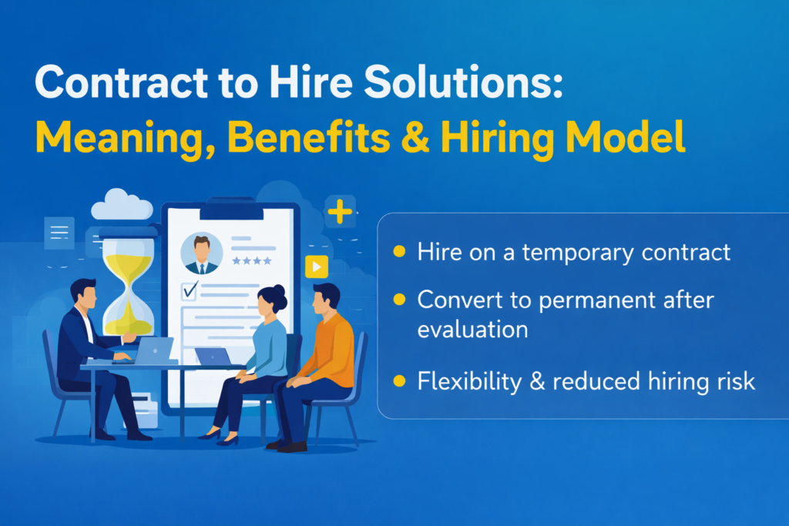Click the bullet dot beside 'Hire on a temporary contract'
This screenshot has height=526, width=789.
[x=399, y=252]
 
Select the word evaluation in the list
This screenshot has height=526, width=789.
[x=472, y=330]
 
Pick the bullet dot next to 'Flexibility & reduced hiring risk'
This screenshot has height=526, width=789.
[x=399, y=380]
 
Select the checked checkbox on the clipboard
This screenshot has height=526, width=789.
[x=189, y=290]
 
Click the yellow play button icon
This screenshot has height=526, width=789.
[x=317, y=266]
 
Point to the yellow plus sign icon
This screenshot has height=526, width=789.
[x=340, y=211]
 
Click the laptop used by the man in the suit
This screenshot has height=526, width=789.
[x=155, y=350]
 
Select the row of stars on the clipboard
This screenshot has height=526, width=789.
[x=257, y=262]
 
